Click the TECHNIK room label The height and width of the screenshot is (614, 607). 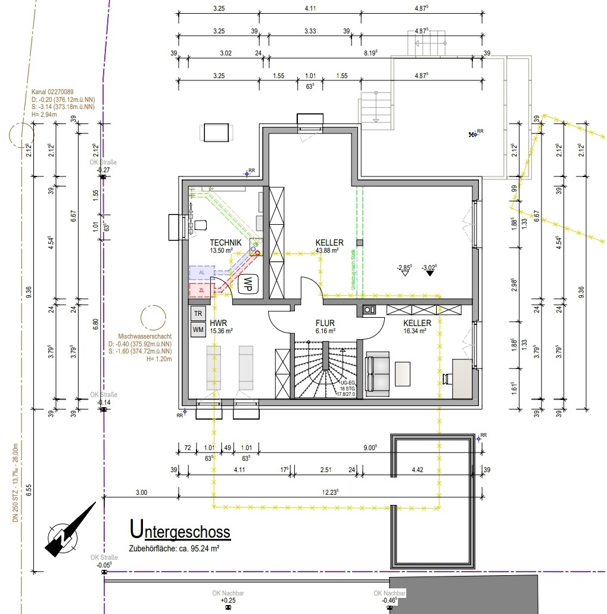(225, 243)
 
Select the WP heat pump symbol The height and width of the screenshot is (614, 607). (246, 284)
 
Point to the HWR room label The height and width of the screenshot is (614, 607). (217, 322)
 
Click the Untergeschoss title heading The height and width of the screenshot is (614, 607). (180, 529)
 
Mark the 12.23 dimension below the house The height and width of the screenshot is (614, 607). (329, 492)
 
